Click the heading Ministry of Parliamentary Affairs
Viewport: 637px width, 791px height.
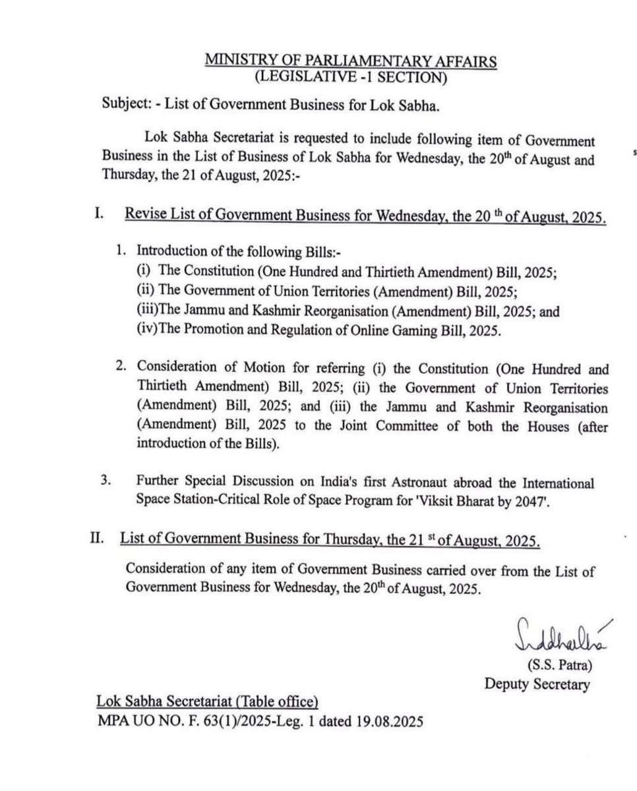click(351, 61)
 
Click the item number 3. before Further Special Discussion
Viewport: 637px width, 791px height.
click(104, 480)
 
